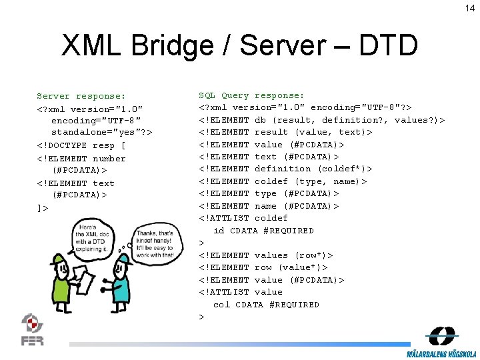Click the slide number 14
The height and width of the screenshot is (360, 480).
pyautogui.click(x=469, y=8)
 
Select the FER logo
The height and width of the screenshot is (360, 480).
pyautogui.click(x=32, y=329)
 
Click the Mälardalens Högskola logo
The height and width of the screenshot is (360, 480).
pyautogui.click(x=442, y=343)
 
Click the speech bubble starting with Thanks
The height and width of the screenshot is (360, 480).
pyautogui.click(x=154, y=244)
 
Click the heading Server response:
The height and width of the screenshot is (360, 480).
pyautogui.click(x=81, y=96)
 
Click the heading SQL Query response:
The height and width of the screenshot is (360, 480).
pyautogui.click(x=251, y=96)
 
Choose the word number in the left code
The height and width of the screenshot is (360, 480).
pyautogui.click(x=109, y=158)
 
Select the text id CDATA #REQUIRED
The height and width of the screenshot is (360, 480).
pyautogui.click(x=263, y=231)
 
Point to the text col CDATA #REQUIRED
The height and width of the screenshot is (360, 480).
pyautogui.click(x=266, y=305)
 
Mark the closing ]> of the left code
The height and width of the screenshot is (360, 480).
pyautogui.click(x=43, y=207)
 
